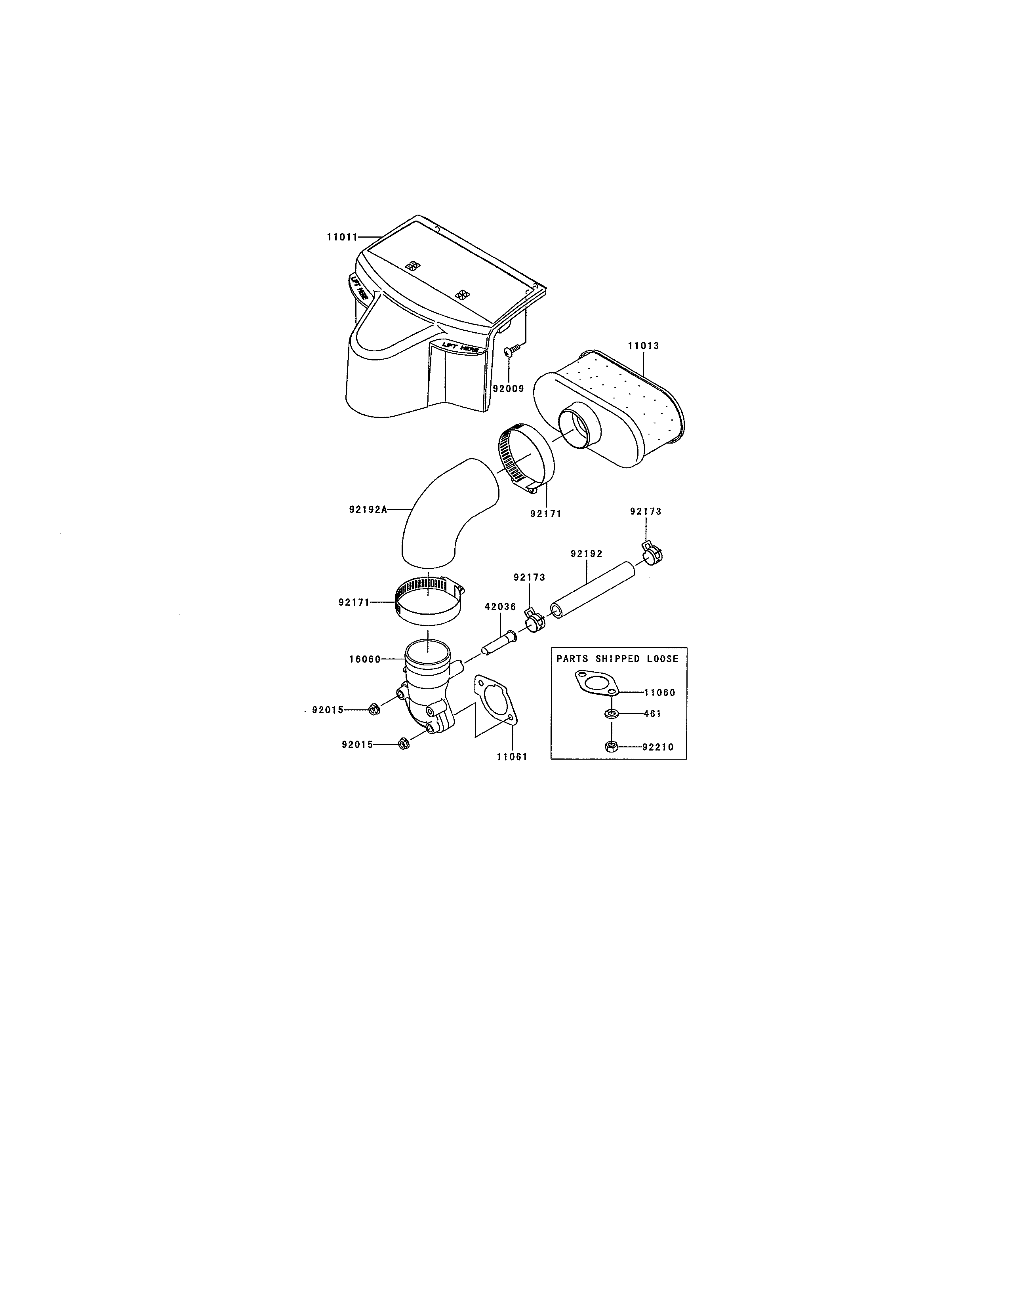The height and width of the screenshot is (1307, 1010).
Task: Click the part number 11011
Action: coord(342,237)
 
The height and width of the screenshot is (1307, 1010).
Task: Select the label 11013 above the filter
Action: coord(643,346)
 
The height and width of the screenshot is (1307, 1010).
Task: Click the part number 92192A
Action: coord(368,510)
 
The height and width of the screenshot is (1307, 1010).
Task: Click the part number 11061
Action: coord(512,756)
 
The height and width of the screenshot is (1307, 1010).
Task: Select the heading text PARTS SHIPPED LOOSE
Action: coord(617,659)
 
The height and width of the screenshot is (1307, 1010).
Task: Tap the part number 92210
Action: coord(658,747)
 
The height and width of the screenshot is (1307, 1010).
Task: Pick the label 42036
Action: coord(500,607)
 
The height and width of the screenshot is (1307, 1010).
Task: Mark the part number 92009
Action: coord(508,389)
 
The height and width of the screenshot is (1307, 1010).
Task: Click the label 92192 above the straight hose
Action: coord(586,554)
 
